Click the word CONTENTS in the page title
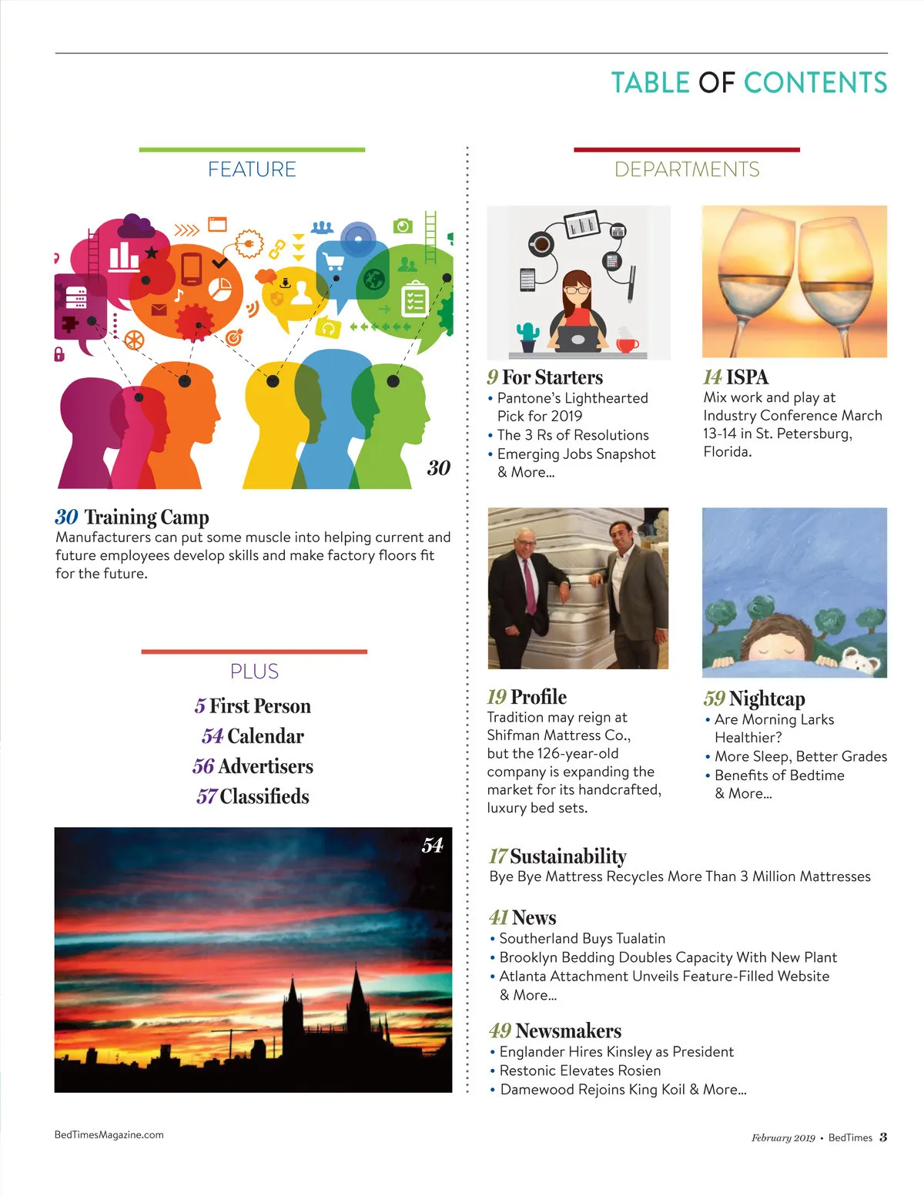pos(815,82)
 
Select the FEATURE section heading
pos(252,169)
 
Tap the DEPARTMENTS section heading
pos(687,169)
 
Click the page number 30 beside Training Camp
pos(66,517)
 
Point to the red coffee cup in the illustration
pos(627,343)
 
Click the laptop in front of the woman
pos(577,339)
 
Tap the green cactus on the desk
pos(528,333)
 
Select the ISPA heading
pos(747,377)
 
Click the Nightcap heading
pos(767,699)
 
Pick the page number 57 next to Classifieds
pos(206,796)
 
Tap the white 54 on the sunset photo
pos(432,846)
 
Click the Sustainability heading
pos(567,856)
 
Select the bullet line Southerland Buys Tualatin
pos(582,939)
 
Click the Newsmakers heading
pos(567,1030)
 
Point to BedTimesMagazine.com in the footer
pos(109,1134)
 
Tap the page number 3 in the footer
pos(883,1137)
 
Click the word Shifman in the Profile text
pos(514,735)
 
